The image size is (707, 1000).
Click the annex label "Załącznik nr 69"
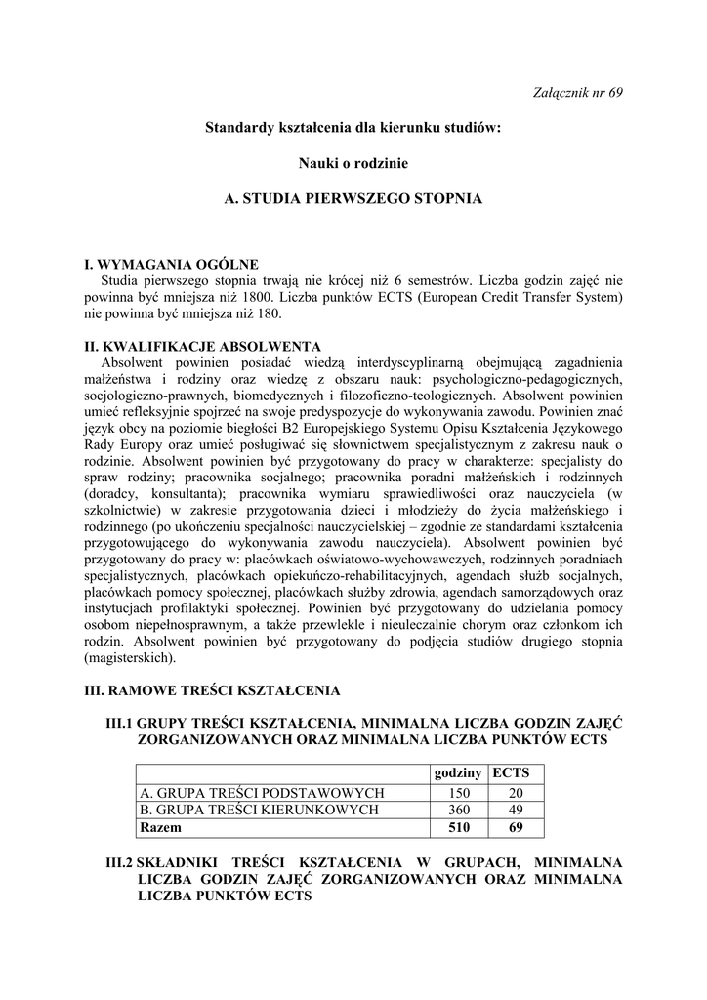click(x=580, y=93)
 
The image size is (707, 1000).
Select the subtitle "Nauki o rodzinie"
click(x=353, y=162)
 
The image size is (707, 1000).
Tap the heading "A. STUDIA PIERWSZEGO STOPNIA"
click(x=353, y=198)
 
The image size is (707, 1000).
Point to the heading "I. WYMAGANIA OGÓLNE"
click(x=171, y=264)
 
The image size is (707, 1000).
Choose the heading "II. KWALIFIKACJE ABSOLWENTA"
click(x=203, y=346)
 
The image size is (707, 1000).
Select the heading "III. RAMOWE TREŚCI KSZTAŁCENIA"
click(x=212, y=690)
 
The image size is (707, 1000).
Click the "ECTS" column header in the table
click(x=511, y=772)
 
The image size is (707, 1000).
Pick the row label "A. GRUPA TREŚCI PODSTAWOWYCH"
click(x=262, y=793)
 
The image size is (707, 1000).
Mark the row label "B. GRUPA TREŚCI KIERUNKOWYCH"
click(x=259, y=810)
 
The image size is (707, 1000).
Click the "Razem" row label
click(x=161, y=827)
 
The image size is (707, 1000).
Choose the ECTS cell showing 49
click(x=516, y=810)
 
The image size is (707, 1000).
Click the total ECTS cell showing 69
click(x=516, y=827)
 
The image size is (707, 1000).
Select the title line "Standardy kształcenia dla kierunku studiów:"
click(x=353, y=127)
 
